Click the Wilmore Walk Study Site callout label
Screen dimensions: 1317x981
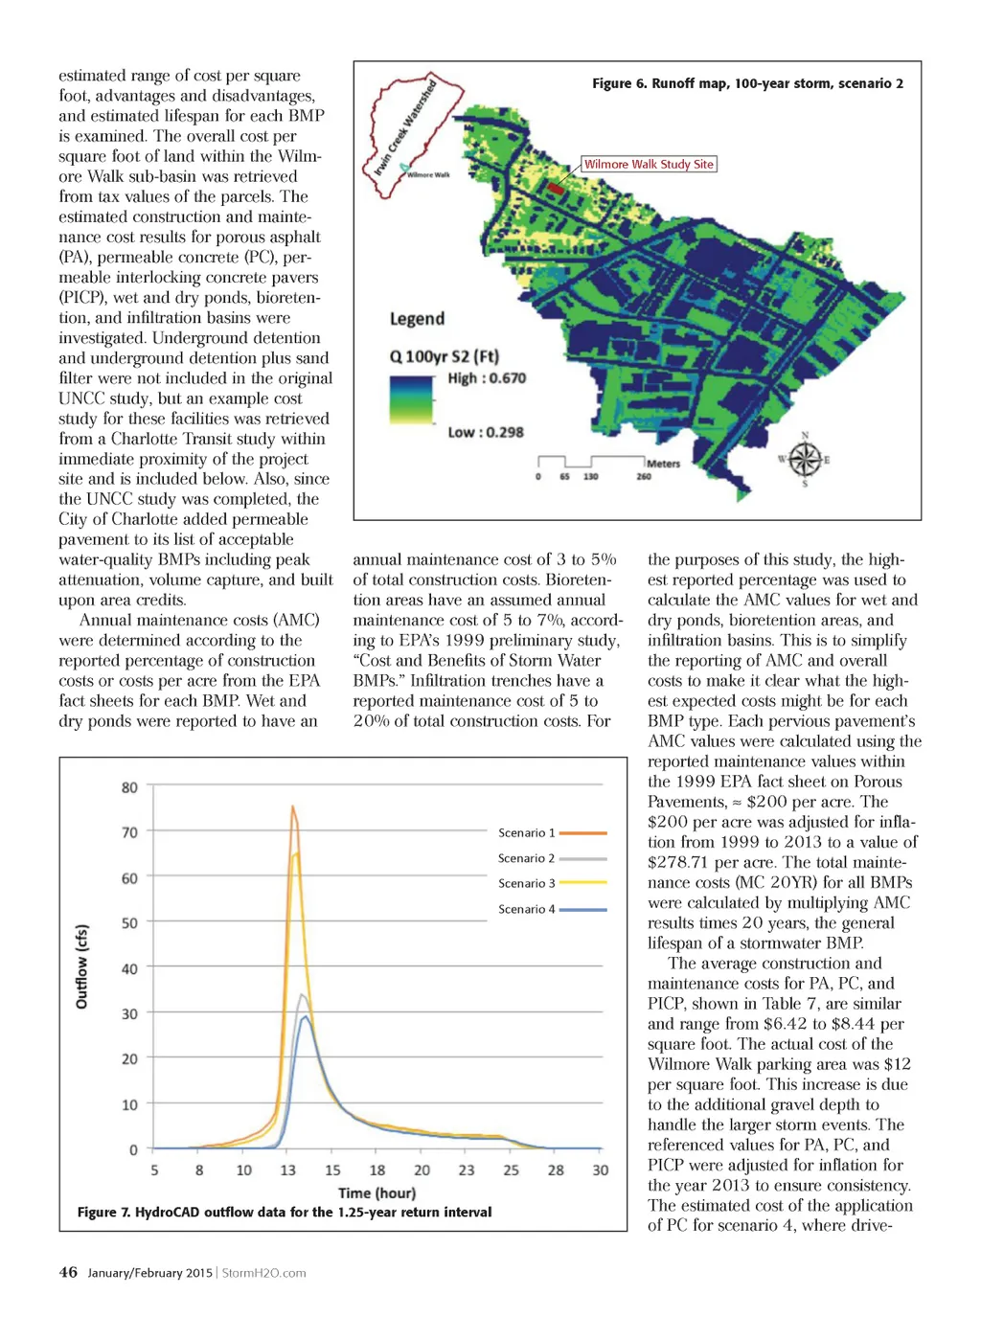coord(649,164)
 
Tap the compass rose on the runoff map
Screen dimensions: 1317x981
coord(804,460)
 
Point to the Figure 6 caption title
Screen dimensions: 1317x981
coord(747,83)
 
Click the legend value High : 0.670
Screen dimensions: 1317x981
coord(487,378)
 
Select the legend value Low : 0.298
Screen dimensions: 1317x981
coord(486,432)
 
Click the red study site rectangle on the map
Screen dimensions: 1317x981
coord(556,189)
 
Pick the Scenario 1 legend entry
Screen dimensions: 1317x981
coord(552,832)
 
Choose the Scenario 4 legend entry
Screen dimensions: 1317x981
coord(552,909)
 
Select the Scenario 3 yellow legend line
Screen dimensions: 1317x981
coord(582,883)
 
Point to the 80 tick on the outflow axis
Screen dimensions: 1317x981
coord(129,787)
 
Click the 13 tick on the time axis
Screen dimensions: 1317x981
coord(287,1170)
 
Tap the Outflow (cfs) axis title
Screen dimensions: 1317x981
coord(81,966)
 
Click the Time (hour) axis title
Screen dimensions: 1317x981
coord(376,1192)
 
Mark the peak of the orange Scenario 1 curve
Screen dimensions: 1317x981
coord(292,806)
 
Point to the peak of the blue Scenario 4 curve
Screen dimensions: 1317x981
coord(305,1017)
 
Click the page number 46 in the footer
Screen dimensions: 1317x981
coord(68,1272)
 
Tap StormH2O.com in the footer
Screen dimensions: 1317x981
coord(264,1273)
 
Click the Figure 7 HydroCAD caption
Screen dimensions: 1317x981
coord(285,1212)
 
